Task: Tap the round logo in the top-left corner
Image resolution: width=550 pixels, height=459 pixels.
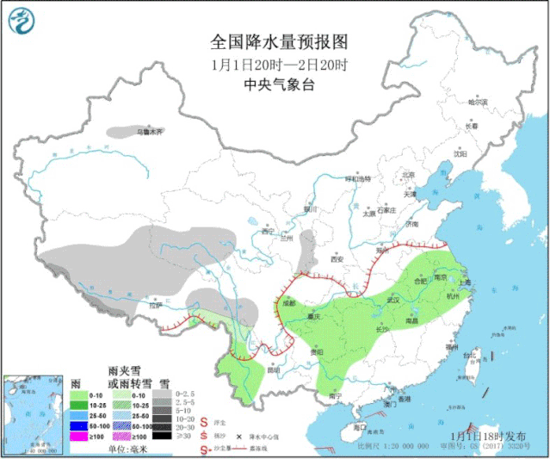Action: tap(23, 22)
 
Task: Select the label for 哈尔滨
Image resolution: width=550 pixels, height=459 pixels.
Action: tap(478, 102)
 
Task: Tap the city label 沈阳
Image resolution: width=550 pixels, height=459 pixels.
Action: tap(461, 155)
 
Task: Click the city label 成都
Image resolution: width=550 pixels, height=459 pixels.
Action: tap(287, 303)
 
